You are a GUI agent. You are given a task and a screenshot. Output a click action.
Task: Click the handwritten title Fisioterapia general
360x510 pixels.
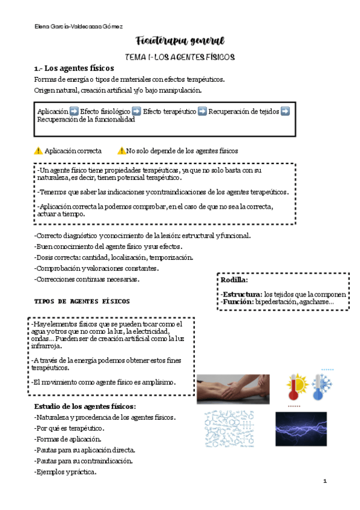pyautogui.click(x=180, y=41)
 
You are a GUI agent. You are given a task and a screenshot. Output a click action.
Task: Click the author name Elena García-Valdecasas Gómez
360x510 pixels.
pyautogui.click(x=79, y=26)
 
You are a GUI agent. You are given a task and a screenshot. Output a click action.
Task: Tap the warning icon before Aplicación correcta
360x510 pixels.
pyautogui.click(x=38, y=151)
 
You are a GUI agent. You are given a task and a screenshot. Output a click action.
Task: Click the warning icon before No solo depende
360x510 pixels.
pyautogui.click(x=121, y=151)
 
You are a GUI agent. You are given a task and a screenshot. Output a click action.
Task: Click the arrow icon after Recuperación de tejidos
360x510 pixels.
pyautogui.click(x=285, y=111)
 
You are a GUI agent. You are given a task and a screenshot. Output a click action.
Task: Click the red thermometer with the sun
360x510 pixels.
pyautogui.click(x=297, y=385)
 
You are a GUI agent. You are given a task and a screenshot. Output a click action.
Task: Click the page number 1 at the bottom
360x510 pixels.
pyautogui.click(x=325, y=481)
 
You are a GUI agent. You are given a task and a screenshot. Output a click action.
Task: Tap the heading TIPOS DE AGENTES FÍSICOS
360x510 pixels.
pyautogui.click(x=82, y=301)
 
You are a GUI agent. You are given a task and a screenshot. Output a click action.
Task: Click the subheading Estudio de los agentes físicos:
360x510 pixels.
pyautogui.click(x=85, y=407)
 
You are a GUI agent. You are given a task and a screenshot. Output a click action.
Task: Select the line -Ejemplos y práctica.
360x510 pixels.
pyautogui.click(x=66, y=472)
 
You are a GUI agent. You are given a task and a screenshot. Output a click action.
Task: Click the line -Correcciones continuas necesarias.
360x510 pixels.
pyautogui.click(x=87, y=279)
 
